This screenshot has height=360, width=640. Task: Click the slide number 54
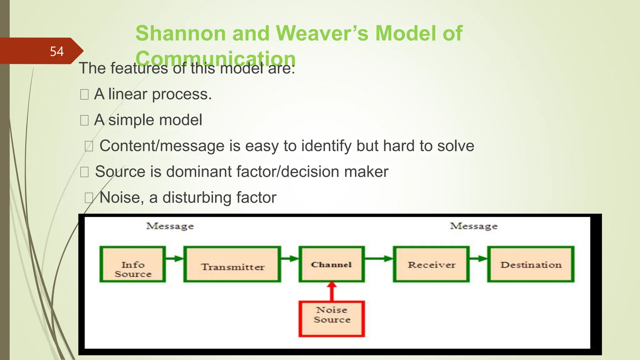[x=57, y=51]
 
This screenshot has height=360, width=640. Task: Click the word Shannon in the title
[x=180, y=33]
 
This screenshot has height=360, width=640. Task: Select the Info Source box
[x=133, y=264]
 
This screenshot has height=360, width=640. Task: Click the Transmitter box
[x=232, y=264]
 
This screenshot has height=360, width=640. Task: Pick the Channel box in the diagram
[x=332, y=264]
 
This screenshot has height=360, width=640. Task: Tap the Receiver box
[x=431, y=264]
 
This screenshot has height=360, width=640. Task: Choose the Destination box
[x=531, y=264]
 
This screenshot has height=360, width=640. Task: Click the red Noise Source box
[x=332, y=319]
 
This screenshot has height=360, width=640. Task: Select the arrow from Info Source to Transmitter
[x=174, y=258]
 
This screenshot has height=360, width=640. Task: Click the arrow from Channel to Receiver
[x=379, y=258]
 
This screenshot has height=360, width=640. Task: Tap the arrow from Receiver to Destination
[x=478, y=258]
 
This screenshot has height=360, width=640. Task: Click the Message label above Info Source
[x=170, y=226]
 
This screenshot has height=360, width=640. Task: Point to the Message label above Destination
[x=473, y=226]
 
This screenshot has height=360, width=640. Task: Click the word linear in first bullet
[x=127, y=94]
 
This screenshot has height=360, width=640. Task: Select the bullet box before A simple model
[x=84, y=120]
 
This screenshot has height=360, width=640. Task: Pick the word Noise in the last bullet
[x=119, y=197]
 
